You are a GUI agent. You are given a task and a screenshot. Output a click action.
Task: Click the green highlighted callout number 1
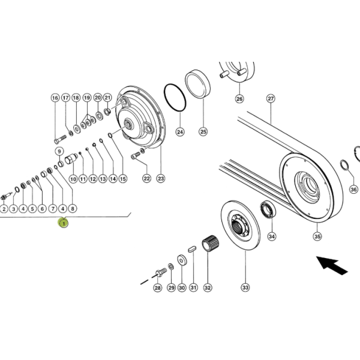tap(64, 223)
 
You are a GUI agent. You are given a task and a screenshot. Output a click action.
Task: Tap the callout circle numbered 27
tap(271, 98)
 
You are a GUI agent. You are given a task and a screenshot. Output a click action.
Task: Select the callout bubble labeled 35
tap(317, 236)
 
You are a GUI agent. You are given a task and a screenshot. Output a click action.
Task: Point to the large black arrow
tap(332, 265)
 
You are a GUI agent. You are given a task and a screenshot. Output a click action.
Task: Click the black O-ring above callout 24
tap(175, 98)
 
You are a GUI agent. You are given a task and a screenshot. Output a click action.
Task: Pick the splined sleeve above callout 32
tap(210, 244)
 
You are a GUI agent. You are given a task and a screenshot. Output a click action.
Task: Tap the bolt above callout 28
tap(161, 272)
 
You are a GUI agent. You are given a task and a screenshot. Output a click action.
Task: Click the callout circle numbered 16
tap(55, 98)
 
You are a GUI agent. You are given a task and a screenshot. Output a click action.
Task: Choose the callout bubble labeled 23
tap(160, 178)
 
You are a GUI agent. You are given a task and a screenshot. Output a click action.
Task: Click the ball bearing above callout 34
tap(268, 209)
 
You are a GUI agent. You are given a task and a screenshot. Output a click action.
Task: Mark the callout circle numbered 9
tap(59, 151)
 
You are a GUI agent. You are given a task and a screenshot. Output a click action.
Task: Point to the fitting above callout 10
tap(71, 158)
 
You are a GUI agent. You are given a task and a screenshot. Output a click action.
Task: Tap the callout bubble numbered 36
tap(353, 189)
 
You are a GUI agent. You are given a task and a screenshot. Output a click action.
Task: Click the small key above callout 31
tap(192, 249)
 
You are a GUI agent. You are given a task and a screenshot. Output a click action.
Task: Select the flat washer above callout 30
tap(182, 260)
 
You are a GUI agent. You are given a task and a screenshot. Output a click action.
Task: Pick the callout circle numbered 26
tap(239, 99)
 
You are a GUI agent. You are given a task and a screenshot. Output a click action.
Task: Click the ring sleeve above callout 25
tap(197, 84)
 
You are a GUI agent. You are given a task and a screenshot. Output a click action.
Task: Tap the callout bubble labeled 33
tap(245, 287)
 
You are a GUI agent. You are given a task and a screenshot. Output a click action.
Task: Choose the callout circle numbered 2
tap(4, 209)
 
